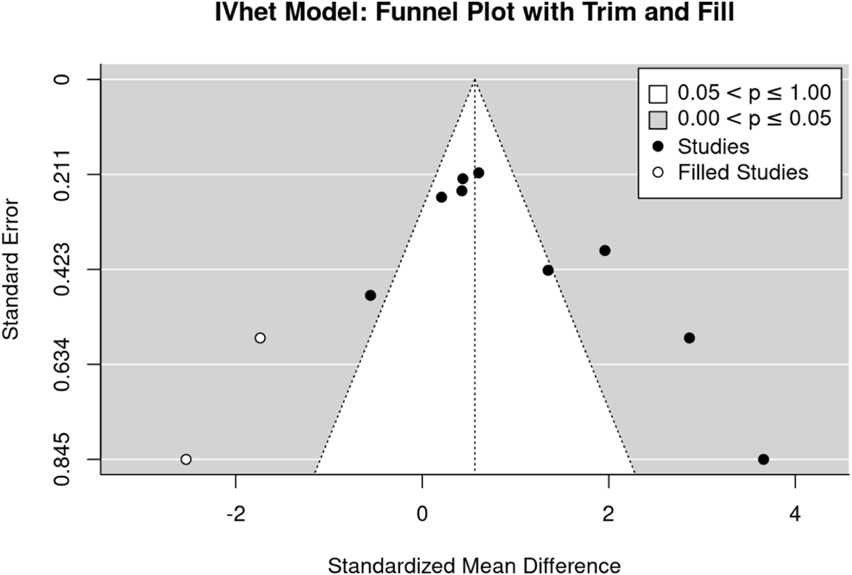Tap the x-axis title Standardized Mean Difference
[473, 565]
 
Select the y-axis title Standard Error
[11, 269]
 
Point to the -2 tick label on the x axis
[234, 515]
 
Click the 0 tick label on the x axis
[422, 515]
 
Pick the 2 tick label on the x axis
[608, 515]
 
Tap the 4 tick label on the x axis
[795, 515]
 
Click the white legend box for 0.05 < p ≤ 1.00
[658, 94]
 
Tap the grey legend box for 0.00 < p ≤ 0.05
[658, 120]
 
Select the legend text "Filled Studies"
[743, 172]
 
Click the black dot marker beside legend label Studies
[658, 146]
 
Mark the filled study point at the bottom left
[186, 459]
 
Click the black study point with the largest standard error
[763, 459]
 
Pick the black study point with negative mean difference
[370, 295]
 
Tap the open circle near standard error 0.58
[260, 338]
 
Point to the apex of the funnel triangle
[475, 80]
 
